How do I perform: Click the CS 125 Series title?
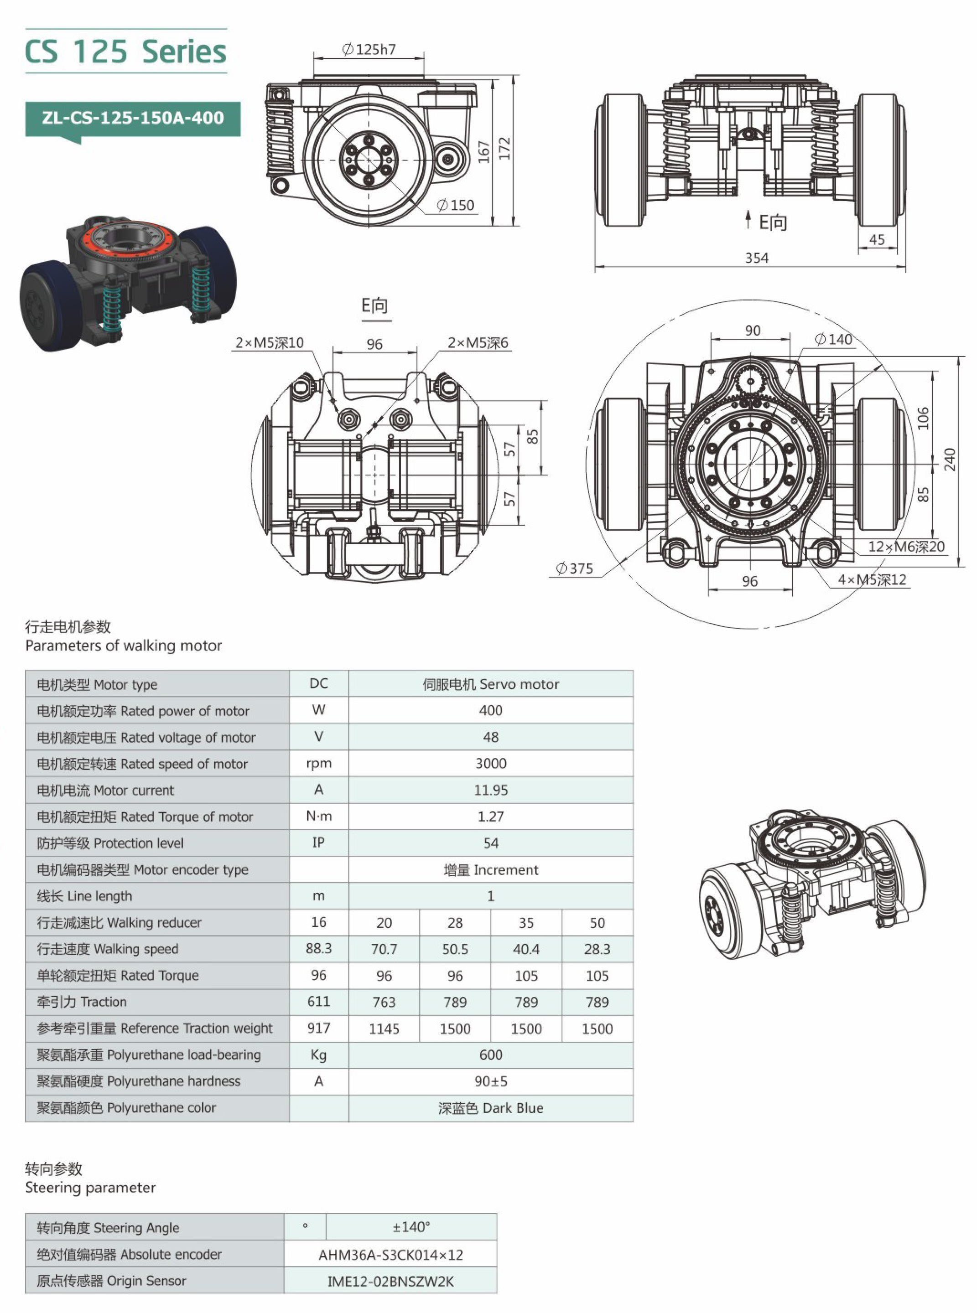(125, 52)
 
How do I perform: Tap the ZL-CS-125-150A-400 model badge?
(133, 118)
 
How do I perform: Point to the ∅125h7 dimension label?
(369, 50)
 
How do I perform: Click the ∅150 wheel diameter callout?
(455, 205)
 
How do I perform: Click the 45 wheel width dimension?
(877, 239)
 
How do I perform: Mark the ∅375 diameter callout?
(574, 568)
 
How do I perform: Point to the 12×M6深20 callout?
(905, 547)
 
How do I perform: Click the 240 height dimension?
(950, 460)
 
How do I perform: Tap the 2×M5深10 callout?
(270, 342)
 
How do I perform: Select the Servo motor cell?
(490, 684)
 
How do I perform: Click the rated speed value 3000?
(490, 763)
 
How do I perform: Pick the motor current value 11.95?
(490, 790)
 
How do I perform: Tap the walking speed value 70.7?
(384, 949)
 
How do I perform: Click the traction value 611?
(318, 1002)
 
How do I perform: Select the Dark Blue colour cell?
(490, 1108)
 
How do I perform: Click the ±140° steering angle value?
(411, 1227)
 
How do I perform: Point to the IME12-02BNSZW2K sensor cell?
(390, 1281)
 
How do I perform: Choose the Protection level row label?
(110, 843)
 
